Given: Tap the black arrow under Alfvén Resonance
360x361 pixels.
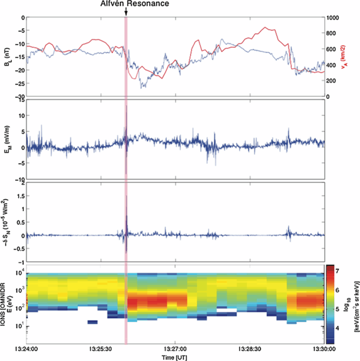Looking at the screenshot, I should [x=127, y=12].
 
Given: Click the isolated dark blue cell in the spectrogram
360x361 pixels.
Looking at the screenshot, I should [x=93, y=322].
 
